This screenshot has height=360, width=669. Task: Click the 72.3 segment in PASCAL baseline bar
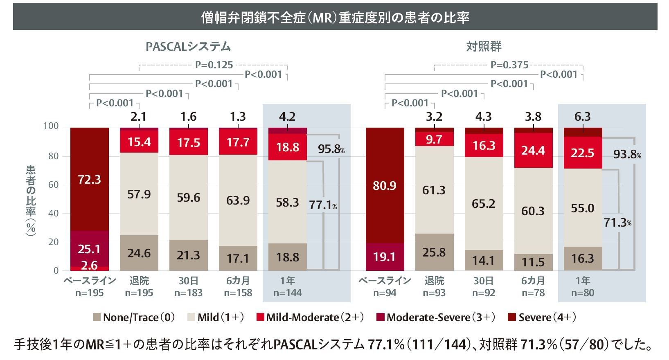[89, 179]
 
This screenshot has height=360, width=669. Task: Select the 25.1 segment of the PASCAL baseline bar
[89, 249]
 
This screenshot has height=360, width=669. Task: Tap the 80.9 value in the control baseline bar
[385, 186]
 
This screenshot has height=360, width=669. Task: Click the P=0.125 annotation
[214, 65]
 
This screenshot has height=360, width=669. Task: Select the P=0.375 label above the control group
[509, 65]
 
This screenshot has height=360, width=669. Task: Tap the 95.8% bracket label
[331, 149]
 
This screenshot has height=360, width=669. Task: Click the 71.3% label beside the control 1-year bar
[617, 223]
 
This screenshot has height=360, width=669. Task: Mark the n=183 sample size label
[188, 293]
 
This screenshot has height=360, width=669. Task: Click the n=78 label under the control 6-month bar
[533, 293]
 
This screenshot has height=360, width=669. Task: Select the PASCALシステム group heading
[188, 47]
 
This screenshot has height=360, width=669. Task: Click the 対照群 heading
[484, 47]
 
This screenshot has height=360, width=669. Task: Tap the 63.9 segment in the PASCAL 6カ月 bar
[238, 200]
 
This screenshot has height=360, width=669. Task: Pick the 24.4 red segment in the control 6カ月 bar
[533, 151]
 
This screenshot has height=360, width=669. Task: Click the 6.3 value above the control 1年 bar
[582, 117]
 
